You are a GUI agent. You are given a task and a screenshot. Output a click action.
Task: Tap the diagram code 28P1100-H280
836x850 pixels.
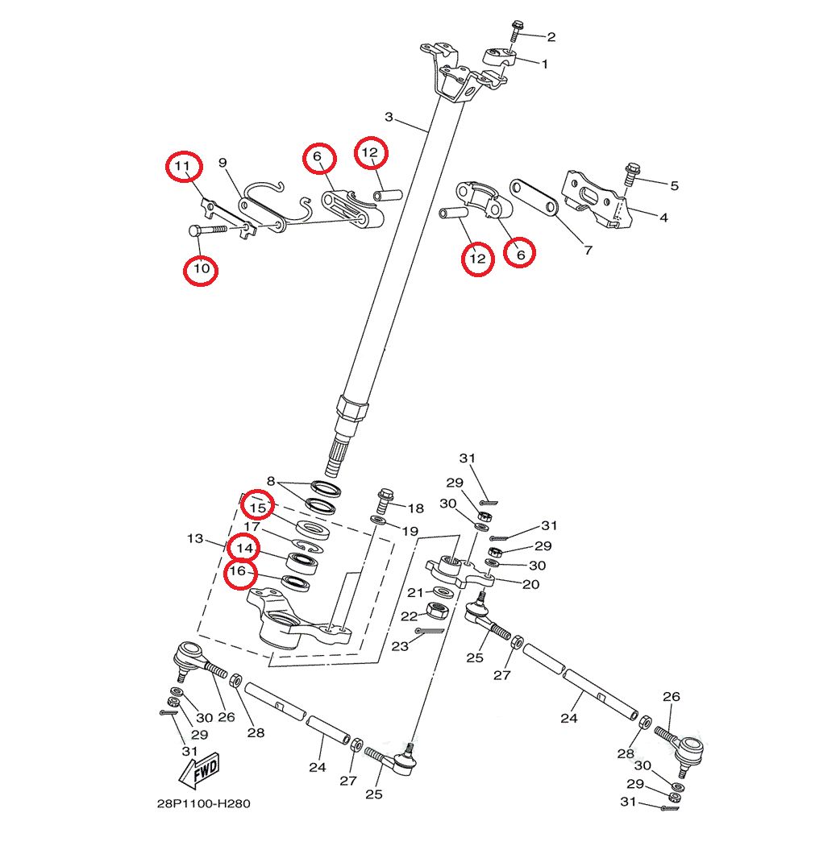coord(198,803)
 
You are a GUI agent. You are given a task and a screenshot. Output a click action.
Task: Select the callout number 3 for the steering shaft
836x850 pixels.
coord(389,117)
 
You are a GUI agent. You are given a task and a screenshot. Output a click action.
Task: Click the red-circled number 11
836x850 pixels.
coord(183,167)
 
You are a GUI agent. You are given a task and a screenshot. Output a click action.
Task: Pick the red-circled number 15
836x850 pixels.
coord(258,508)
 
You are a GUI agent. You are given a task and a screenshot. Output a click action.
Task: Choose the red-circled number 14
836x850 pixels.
coord(244,549)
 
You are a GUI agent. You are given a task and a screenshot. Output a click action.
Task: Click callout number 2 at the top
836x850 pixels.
coord(551,36)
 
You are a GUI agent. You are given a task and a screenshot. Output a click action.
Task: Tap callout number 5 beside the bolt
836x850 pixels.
coord(674,185)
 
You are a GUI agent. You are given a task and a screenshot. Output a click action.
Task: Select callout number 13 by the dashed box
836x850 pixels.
coord(196,537)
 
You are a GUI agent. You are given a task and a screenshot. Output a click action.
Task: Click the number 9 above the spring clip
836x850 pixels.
coord(223,164)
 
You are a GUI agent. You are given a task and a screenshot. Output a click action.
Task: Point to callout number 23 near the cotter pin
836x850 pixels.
coord(401,645)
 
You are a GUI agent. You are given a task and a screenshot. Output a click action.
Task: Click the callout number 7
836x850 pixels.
coord(588,250)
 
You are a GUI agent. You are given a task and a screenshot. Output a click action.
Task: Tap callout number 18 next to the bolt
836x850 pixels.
coord(415,508)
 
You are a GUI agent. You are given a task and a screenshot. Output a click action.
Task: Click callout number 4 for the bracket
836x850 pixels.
coord(663,217)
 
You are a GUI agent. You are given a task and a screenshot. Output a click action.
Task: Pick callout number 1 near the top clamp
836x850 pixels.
coord(544,64)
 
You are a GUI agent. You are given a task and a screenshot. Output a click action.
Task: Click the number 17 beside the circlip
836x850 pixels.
coord(252,527)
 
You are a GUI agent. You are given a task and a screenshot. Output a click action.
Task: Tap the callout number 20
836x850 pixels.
coord(530,584)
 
